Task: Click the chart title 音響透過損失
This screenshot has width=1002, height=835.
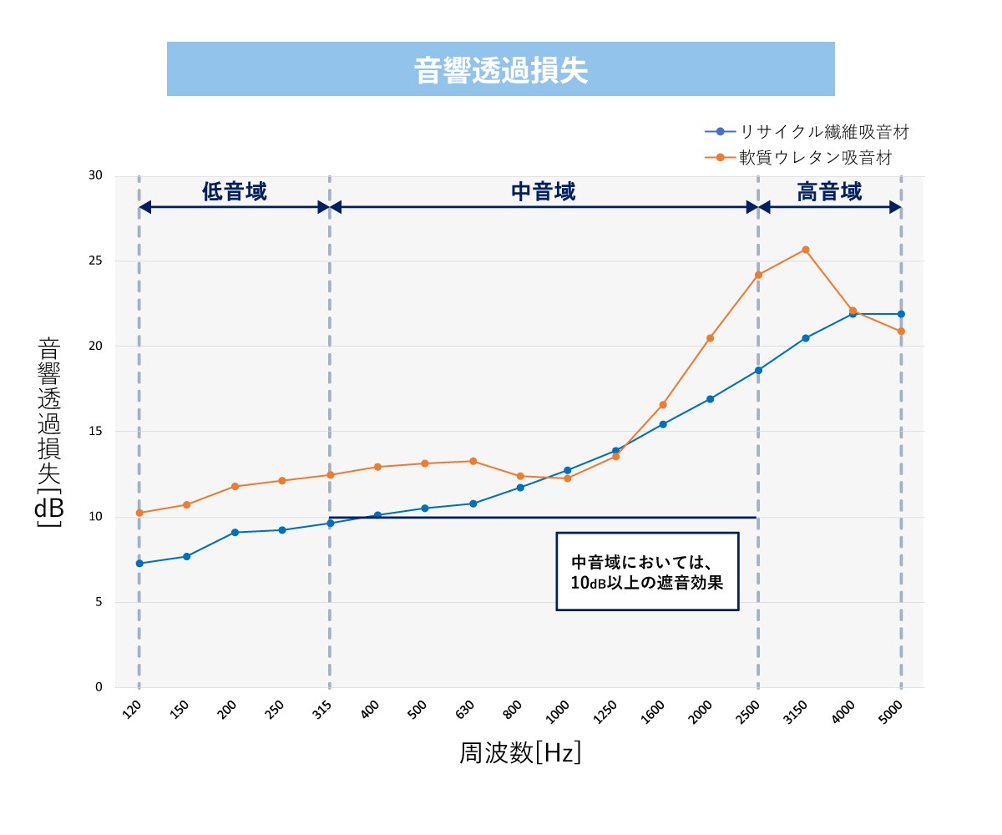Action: click(501, 70)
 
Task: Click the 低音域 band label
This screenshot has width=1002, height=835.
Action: click(235, 192)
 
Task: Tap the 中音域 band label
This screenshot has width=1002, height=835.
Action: click(544, 192)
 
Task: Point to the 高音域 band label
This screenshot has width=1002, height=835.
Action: click(829, 192)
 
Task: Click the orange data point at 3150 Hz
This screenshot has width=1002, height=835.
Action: click(806, 250)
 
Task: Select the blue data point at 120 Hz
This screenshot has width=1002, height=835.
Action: click(139, 564)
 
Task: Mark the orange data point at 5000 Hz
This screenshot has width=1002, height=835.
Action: click(901, 331)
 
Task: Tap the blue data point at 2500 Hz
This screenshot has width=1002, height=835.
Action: click(758, 370)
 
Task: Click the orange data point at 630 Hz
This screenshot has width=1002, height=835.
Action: click(473, 461)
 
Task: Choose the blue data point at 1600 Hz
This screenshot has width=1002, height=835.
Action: click(663, 424)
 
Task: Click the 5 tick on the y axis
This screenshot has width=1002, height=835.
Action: click(99, 602)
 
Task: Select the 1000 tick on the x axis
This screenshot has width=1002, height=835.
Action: click(559, 711)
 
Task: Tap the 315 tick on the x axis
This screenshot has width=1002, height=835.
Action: click(323, 710)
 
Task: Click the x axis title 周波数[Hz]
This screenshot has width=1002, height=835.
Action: click(520, 753)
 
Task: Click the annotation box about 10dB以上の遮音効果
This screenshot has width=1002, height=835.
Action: click(647, 571)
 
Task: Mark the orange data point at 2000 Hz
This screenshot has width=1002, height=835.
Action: click(711, 338)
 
